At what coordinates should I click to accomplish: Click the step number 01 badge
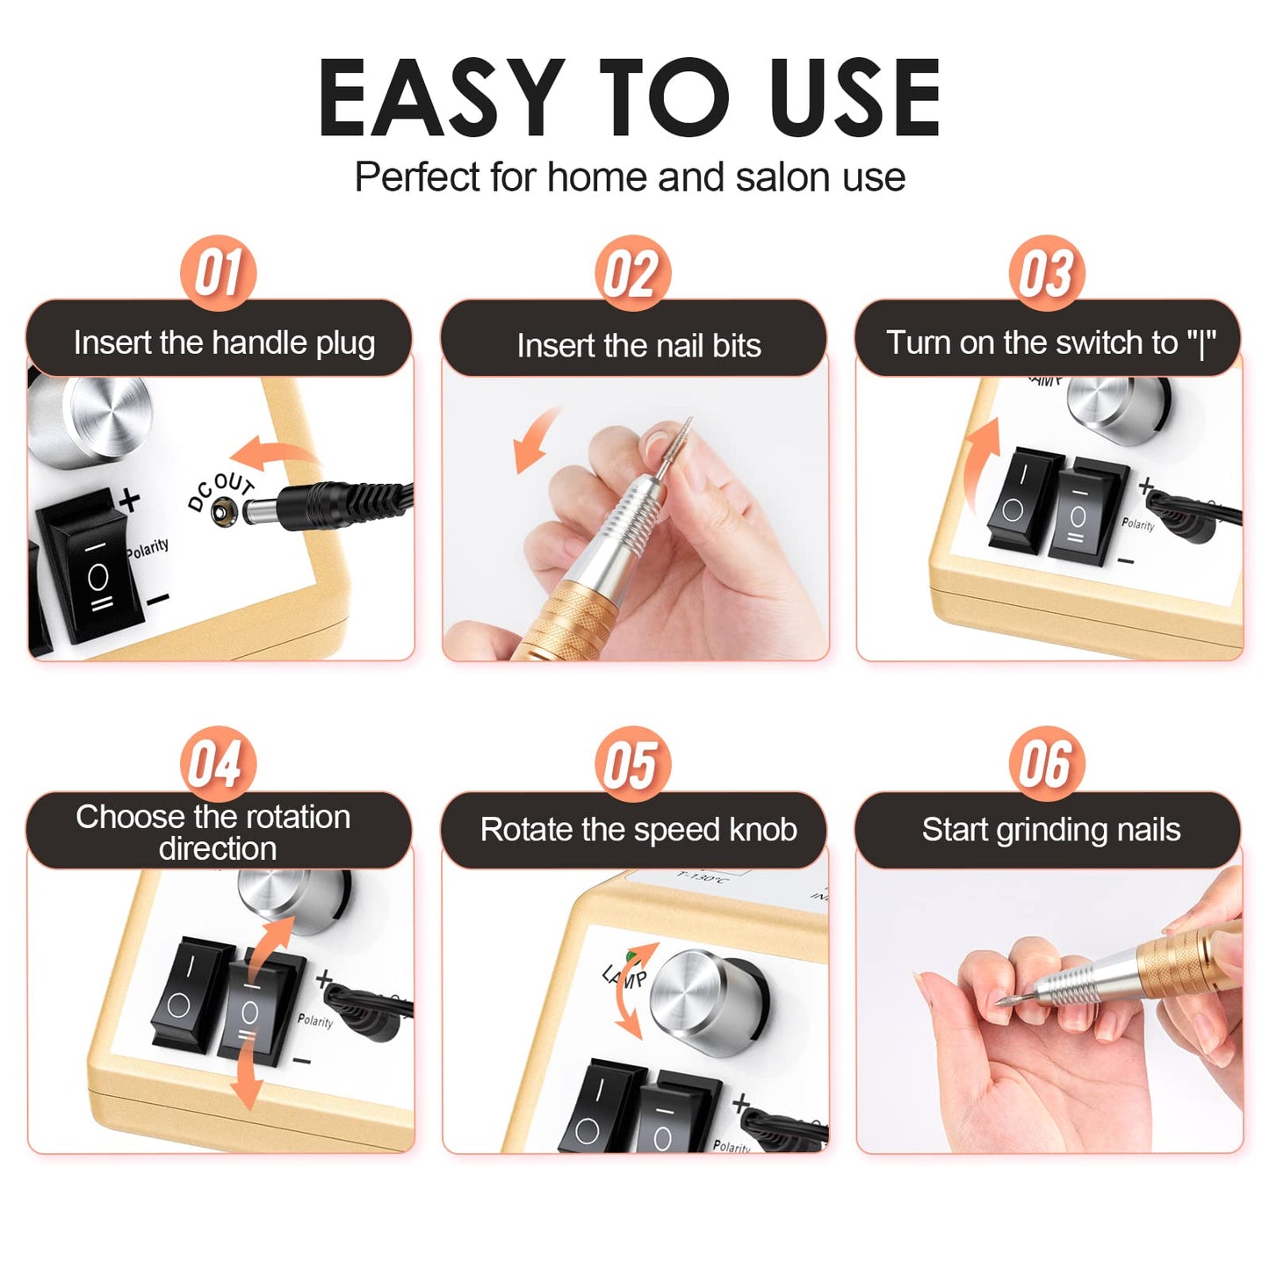point(218,273)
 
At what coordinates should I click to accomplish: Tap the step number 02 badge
point(632,273)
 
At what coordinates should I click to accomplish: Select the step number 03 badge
point(1046,273)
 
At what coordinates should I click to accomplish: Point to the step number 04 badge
point(218,763)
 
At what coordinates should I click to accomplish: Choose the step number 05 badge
point(632,763)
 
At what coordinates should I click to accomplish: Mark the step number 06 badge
point(1046,763)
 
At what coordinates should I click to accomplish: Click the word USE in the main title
point(854,98)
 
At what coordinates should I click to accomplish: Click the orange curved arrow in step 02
point(537,439)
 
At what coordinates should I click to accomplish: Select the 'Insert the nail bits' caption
point(638,345)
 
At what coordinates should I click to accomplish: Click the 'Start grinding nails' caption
point(1050,830)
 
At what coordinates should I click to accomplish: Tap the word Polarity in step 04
point(314,1020)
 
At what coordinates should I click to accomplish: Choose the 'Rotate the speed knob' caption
point(638,830)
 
